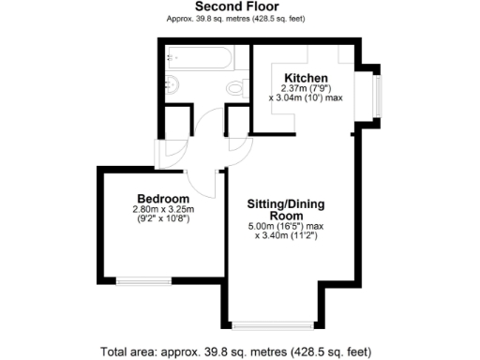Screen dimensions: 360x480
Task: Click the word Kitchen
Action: [x=307, y=78]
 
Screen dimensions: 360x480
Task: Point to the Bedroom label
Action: [x=163, y=199]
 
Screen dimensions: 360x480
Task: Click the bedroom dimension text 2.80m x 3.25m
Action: [x=164, y=210]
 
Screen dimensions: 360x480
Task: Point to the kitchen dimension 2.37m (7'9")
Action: [x=307, y=88]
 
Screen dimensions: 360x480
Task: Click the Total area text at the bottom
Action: [x=239, y=352]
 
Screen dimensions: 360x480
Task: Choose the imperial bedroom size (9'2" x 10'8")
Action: [x=164, y=220]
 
